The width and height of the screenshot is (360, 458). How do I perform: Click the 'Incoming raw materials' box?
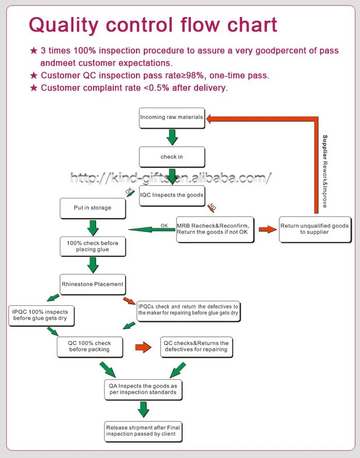click(172, 118)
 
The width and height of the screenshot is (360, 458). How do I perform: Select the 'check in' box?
click(172, 157)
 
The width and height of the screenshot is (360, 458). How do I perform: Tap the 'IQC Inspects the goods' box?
click(172, 196)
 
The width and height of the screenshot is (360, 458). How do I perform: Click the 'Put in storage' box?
click(93, 208)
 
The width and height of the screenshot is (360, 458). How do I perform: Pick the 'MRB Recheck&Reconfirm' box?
click(215, 229)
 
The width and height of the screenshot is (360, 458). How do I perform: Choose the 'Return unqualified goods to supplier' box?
click(314, 229)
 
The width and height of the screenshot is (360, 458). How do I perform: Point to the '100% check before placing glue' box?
click(93, 246)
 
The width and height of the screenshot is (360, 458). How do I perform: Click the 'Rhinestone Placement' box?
click(93, 284)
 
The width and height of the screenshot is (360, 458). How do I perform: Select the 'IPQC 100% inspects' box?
click(41, 317)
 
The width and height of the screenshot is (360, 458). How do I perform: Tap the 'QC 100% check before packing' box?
click(90, 347)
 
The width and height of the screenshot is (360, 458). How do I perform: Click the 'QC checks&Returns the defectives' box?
click(196, 347)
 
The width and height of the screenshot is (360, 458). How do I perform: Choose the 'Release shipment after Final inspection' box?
click(143, 431)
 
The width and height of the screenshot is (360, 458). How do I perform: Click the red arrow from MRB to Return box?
click(267, 229)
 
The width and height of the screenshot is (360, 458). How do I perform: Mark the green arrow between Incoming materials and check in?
click(172, 137)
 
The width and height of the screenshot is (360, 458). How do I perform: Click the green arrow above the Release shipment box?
click(143, 410)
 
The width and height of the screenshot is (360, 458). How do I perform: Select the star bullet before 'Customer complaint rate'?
click(34, 88)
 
